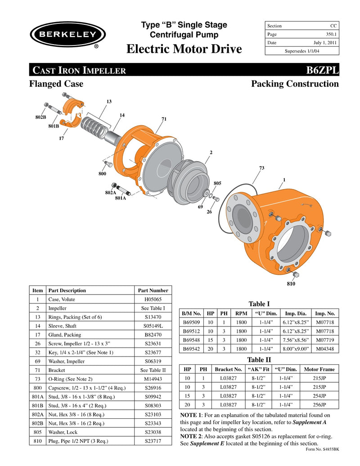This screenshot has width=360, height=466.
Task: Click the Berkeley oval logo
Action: (67, 35)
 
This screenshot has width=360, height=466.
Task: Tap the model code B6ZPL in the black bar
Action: (322, 70)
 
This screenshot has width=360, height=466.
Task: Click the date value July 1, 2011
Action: (325, 43)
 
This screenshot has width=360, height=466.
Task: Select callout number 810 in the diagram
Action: (291, 284)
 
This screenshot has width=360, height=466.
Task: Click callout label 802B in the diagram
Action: (40, 117)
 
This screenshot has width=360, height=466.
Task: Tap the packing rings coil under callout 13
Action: (95, 126)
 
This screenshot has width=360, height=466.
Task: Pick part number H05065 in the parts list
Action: (153, 299)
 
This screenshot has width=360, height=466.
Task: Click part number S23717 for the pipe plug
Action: (153, 441)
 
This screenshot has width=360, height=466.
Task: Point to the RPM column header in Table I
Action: (241, 313)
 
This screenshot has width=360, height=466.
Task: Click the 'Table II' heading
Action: (259, 359)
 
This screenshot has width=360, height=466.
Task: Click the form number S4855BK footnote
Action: (322, 449)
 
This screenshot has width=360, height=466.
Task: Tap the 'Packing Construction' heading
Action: (295, 84)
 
